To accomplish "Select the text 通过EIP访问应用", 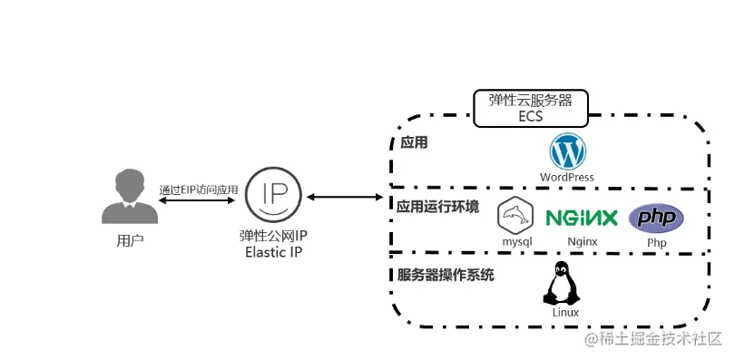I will (x=198, y=190).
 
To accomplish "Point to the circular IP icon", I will (x=274, y=194).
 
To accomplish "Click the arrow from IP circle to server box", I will (x=347, y=196).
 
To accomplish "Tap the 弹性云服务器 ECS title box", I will (x=531, y=108).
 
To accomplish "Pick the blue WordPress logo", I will (x=567, y=151).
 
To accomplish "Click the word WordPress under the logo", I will (x=567, y=177).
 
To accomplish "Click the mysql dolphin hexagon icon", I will (x=515, y=214).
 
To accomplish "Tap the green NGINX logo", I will (x=582, y=218).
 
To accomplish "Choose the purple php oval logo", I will (x=657, y=219).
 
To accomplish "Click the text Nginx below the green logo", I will (x=582, y=242).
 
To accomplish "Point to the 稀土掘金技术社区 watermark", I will (x=652, y=339).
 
